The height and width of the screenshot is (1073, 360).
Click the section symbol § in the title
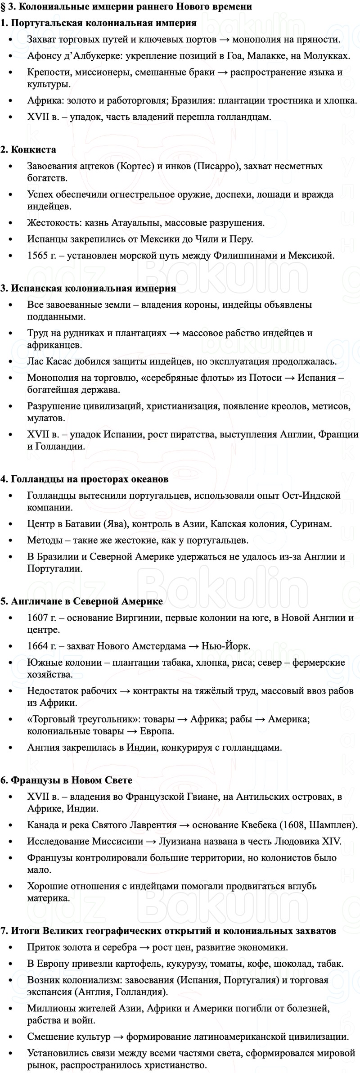(3, 7)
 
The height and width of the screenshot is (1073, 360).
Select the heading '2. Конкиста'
(28, 149)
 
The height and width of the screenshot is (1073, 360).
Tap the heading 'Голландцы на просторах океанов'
(89, 479)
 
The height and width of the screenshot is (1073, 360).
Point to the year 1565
(37, 256)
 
